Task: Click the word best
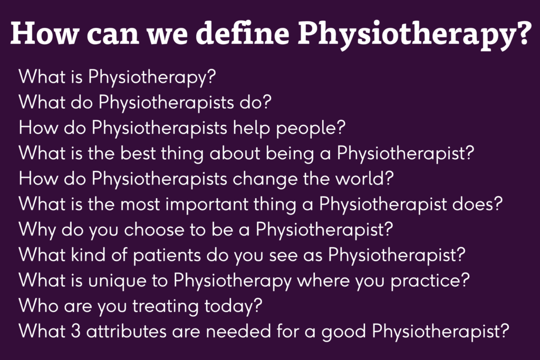point(138,153)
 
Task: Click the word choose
point(154,230)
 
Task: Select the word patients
point(167,256)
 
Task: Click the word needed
point(238,332)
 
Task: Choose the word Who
point(38,306)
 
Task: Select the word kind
point(88,255)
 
